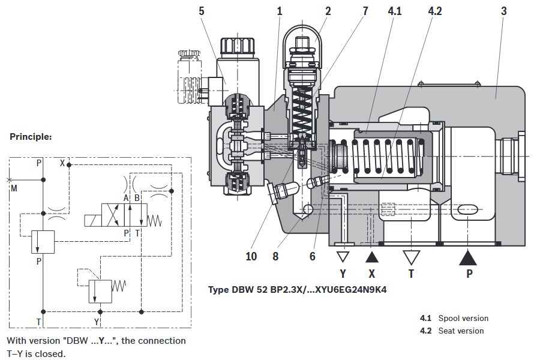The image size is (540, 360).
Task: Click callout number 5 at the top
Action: pos(202,11)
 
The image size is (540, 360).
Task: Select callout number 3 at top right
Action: pos(504,11)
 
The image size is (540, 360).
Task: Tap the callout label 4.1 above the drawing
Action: pos(395,11)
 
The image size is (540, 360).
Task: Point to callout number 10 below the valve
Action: pos(251,256)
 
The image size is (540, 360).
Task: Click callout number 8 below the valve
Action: pos(275,256)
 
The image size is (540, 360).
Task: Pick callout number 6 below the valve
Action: pos(313,256)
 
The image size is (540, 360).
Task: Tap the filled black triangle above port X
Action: pos(371,257)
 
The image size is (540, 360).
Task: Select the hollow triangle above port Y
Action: pos(343,257)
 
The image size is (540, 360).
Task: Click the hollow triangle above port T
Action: pos(411,257)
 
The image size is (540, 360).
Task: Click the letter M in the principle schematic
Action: pos(14,188)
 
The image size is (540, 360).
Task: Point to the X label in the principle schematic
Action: pos(62,163)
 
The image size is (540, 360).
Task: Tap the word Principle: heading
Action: pos(31,137)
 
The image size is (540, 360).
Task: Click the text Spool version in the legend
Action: pos(463,319)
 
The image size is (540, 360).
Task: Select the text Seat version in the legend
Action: pos(461,331)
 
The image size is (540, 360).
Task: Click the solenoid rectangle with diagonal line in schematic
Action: pos(93,220)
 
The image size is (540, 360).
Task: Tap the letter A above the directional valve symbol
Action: pos(126,198)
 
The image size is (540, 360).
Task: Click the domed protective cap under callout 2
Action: pos(302,44)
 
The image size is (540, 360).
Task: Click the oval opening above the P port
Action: pos(467,209)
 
